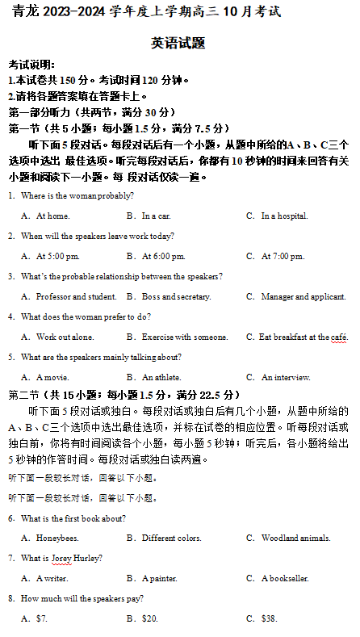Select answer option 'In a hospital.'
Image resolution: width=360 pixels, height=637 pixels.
pos(284,216)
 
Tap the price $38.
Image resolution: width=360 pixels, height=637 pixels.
pos(270,618)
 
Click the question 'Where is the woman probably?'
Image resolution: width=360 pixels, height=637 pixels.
pos(77,196)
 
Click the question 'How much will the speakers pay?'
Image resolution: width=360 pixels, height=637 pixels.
pos(82,598)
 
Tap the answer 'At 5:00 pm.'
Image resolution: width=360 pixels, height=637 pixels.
pos(58,257)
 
